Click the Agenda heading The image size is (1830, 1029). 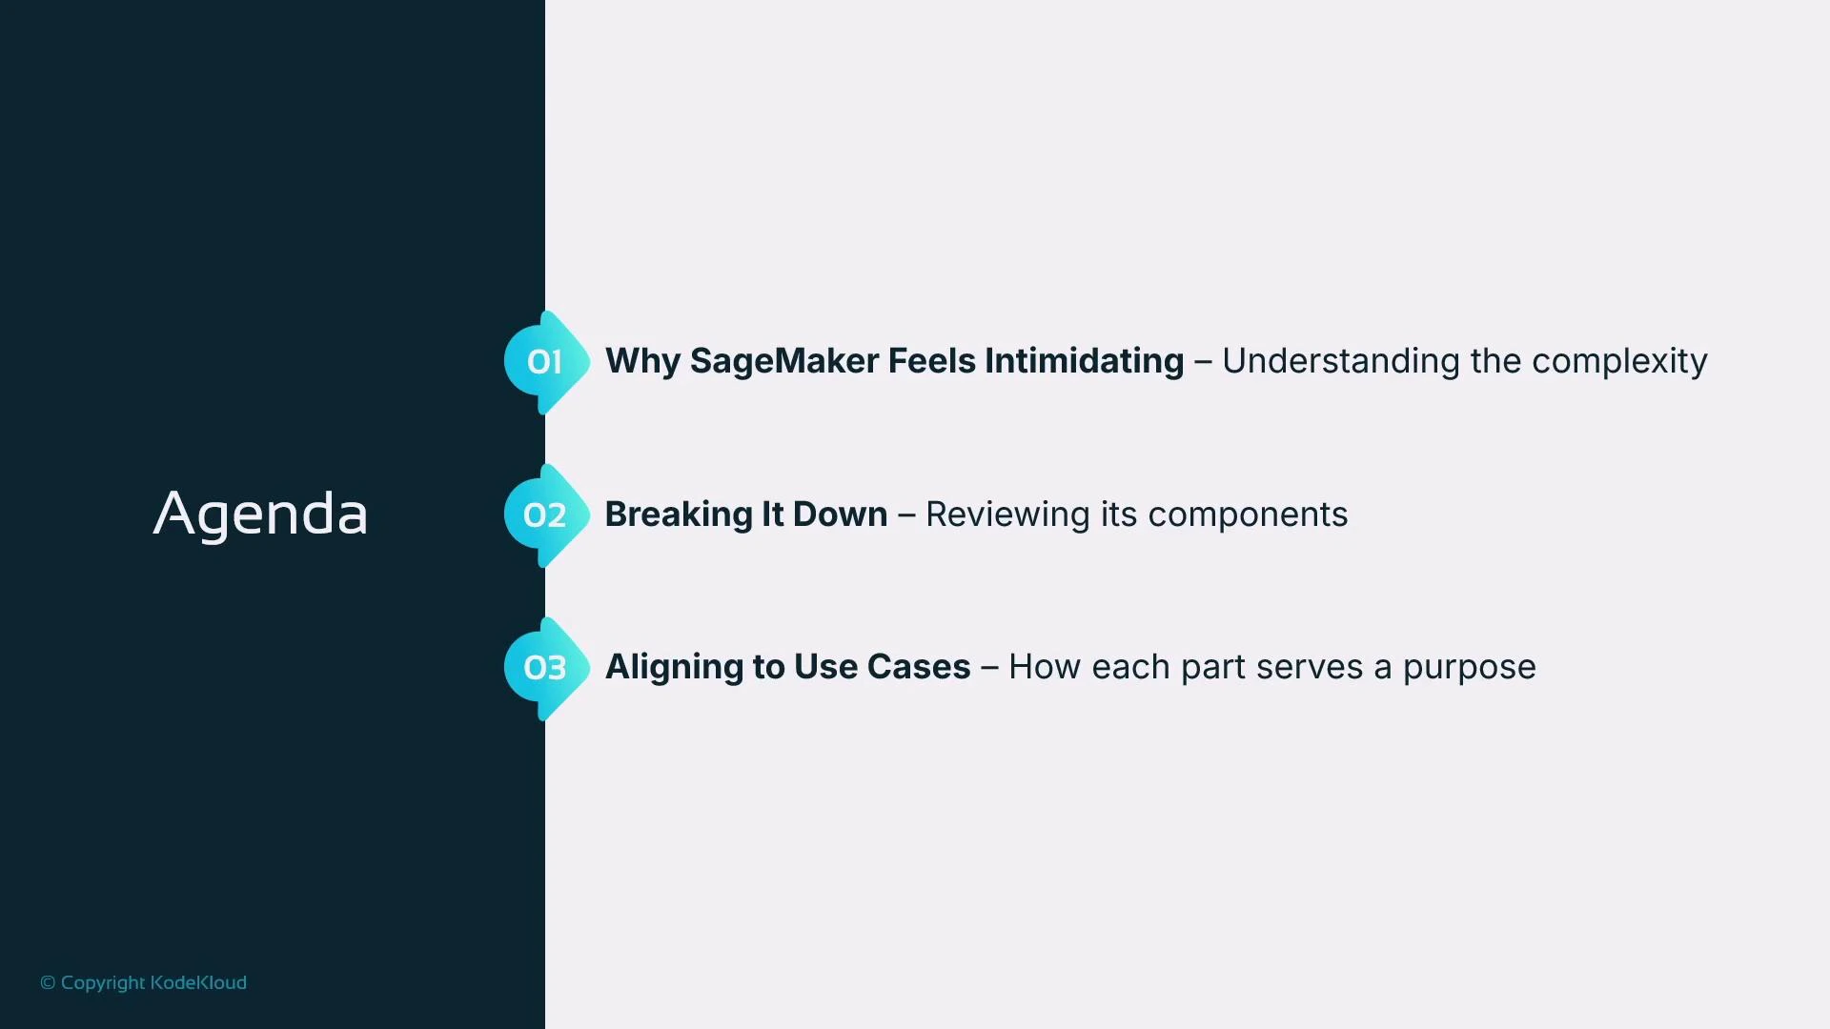(260, 514)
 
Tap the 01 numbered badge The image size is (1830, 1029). (544, 362)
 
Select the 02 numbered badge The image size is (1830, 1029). (544, 515)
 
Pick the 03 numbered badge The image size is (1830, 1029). (544, 668)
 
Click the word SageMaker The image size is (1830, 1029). (784, 362)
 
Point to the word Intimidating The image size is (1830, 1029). (1084, 362)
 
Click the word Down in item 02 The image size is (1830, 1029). (840, 514)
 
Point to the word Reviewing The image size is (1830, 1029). (1007, 514)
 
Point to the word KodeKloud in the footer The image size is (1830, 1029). (198, 982)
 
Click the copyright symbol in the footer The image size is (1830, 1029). (48, 983)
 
